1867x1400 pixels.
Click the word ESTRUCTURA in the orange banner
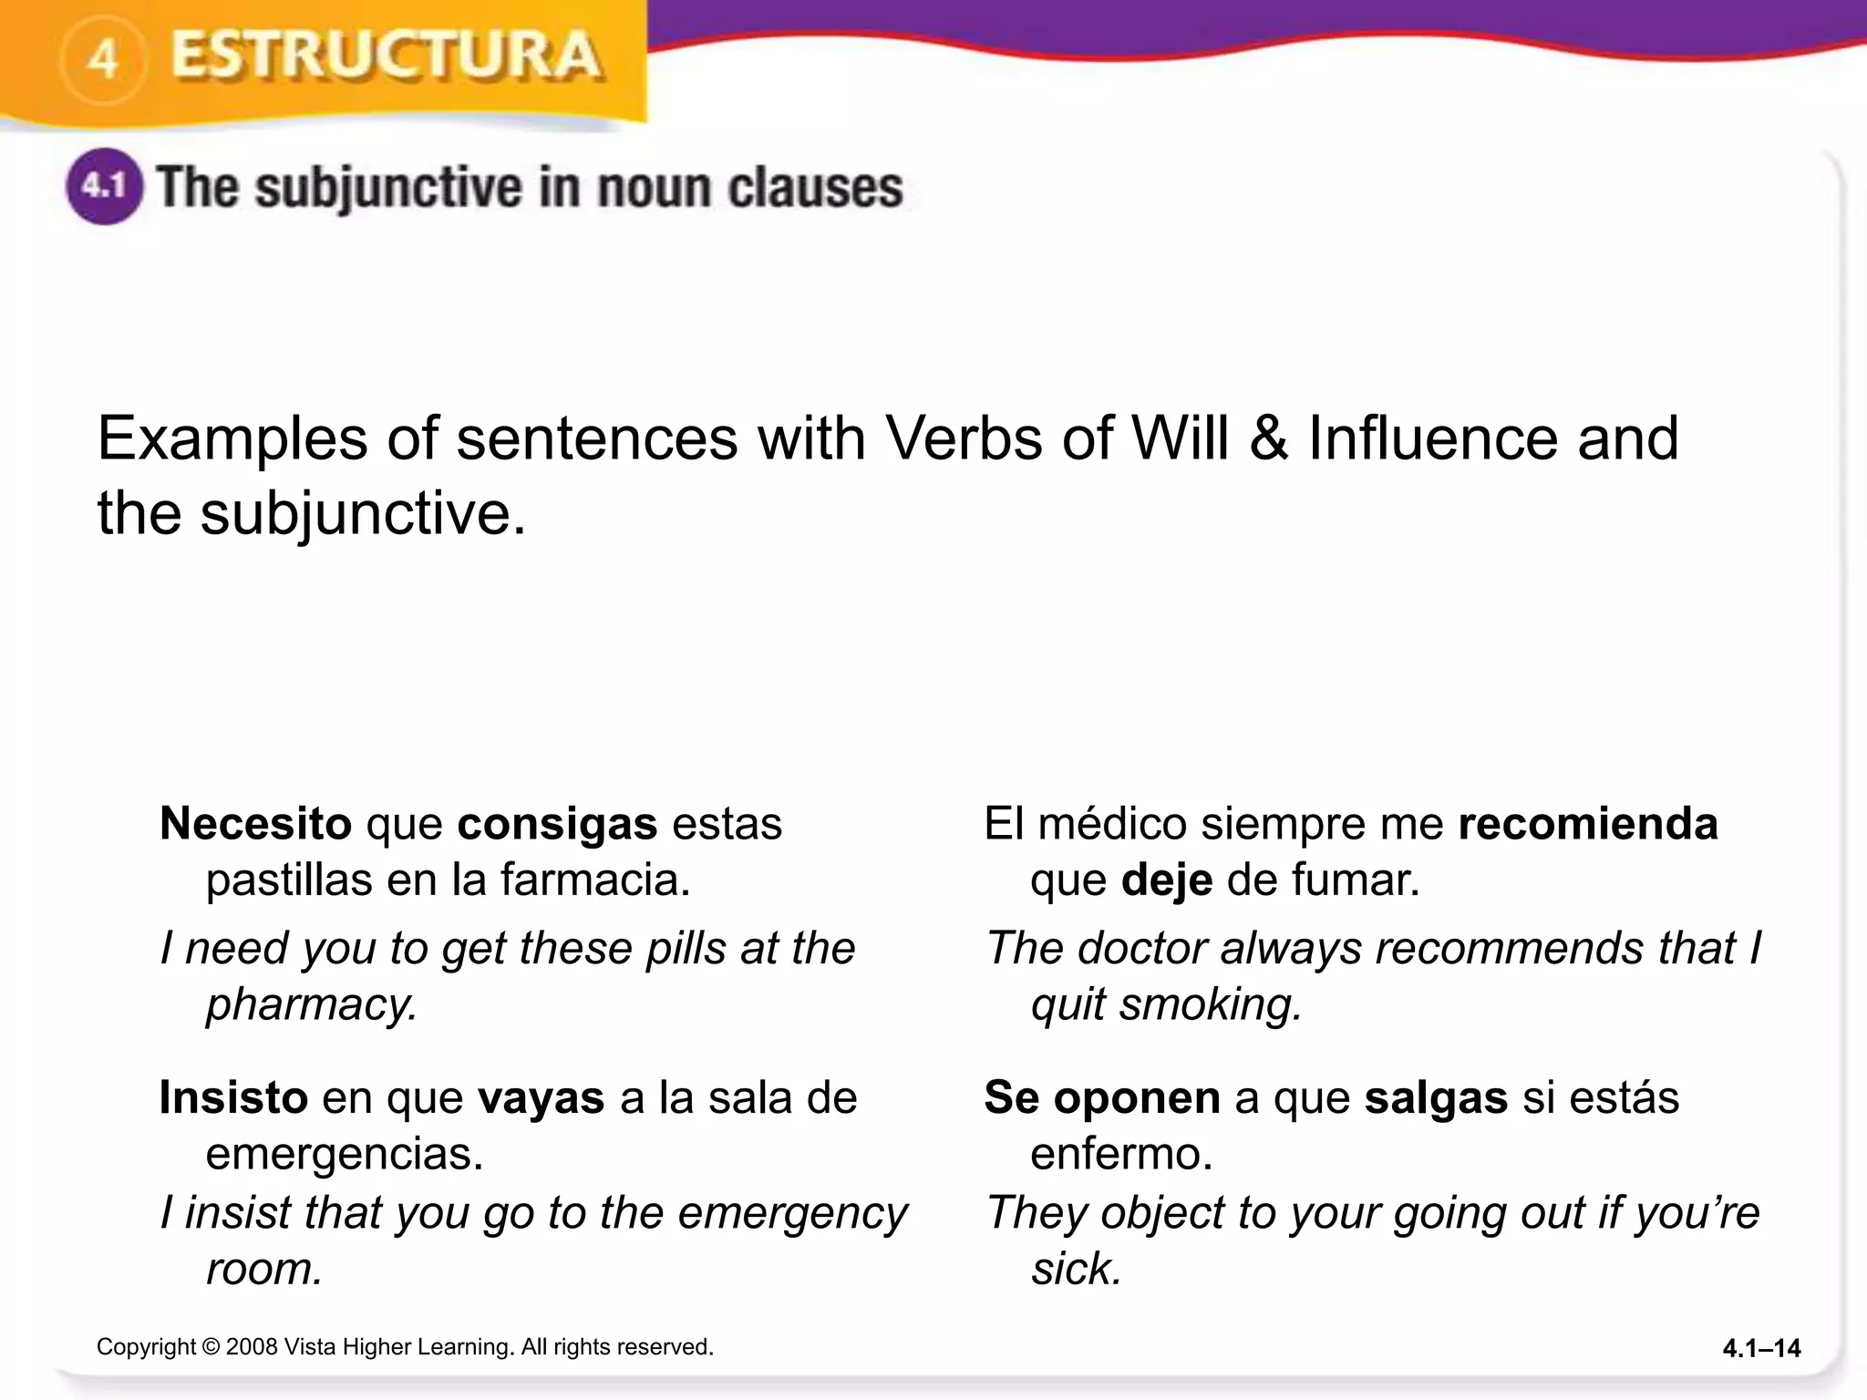(x=387, y=57)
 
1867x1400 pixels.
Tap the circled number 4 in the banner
(x=103, y=60)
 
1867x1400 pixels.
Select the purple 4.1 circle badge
(x=104, y=187)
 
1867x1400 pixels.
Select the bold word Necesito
(x=255, y=824)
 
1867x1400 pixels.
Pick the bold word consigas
(x=557, y=824)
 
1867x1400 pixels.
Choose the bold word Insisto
(x=233, y=1097)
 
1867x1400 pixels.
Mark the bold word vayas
(x=542, y=1097)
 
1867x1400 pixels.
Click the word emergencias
(x=345, y=1154)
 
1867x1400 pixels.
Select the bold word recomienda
(x=1588, y=824)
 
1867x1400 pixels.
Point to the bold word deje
(x=1167, y=880)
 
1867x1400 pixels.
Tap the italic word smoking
(x=1211, y=1004)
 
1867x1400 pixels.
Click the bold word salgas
(x=1436, y=1097)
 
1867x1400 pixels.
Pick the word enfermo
(x=1121, y=1154)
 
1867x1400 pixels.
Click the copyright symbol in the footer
(x=211, y=1347)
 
